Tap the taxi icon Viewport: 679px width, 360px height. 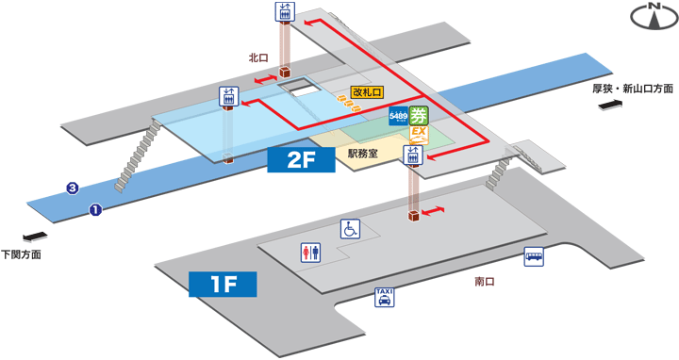point(384,297)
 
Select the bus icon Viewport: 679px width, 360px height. point(534,256)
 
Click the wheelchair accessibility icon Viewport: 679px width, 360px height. point(350,228)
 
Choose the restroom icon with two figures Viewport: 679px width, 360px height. point(310,252)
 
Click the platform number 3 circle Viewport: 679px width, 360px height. point(72,188)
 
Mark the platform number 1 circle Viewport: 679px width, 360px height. point(95,209)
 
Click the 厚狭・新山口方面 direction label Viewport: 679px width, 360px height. point(633,89)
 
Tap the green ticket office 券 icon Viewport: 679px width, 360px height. point(420,117)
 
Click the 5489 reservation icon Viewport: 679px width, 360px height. point(399,117)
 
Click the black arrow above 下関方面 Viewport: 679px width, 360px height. point(32,237)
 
